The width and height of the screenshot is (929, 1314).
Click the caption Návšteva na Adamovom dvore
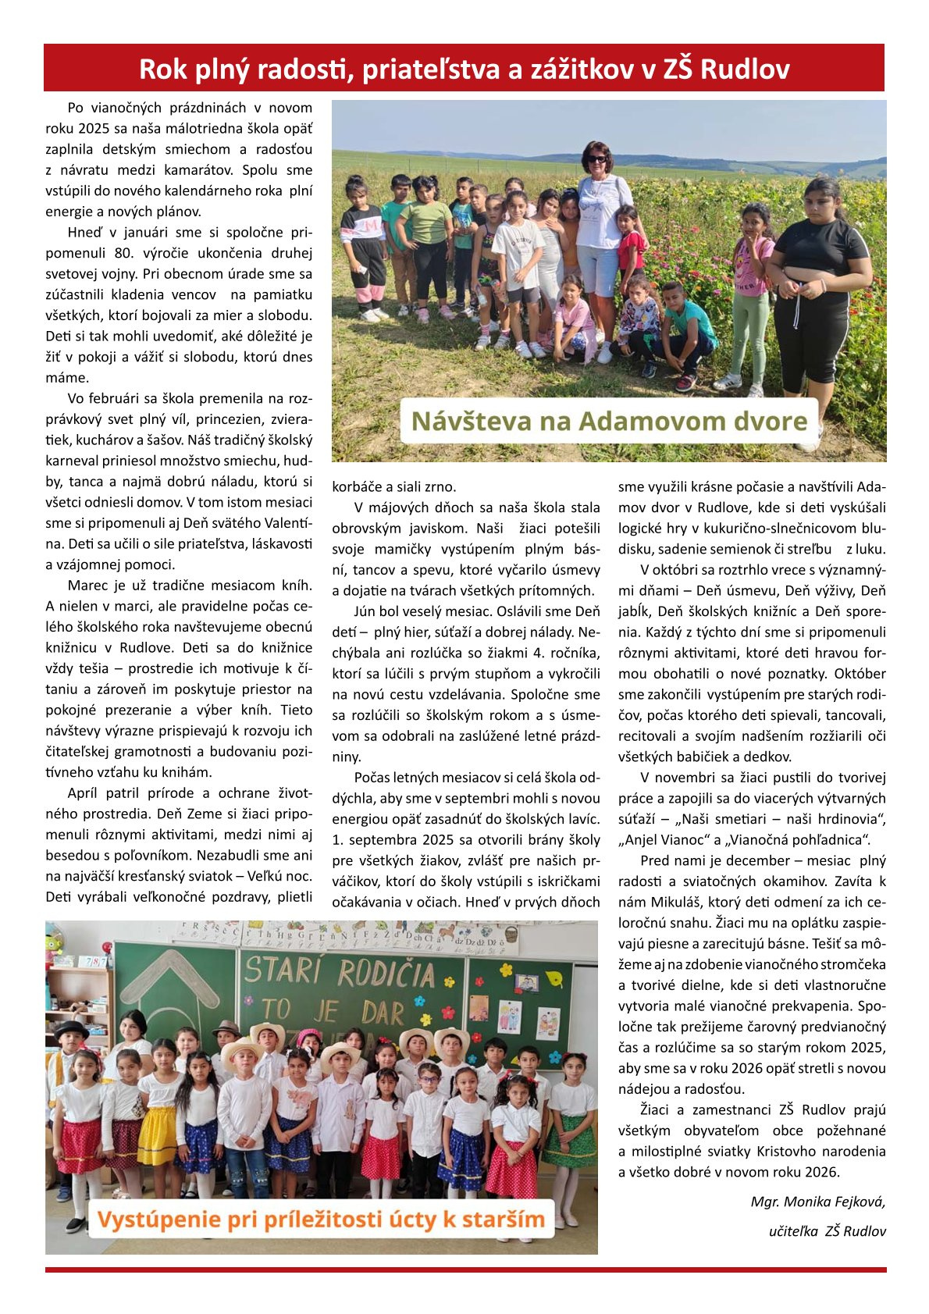pyautogui.click(x=609, y=422)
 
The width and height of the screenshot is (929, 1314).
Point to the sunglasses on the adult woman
pyautogui.click(x=597, y=159)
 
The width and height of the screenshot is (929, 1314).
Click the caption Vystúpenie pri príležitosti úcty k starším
pyautogui.click(x=321, y=1220)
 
